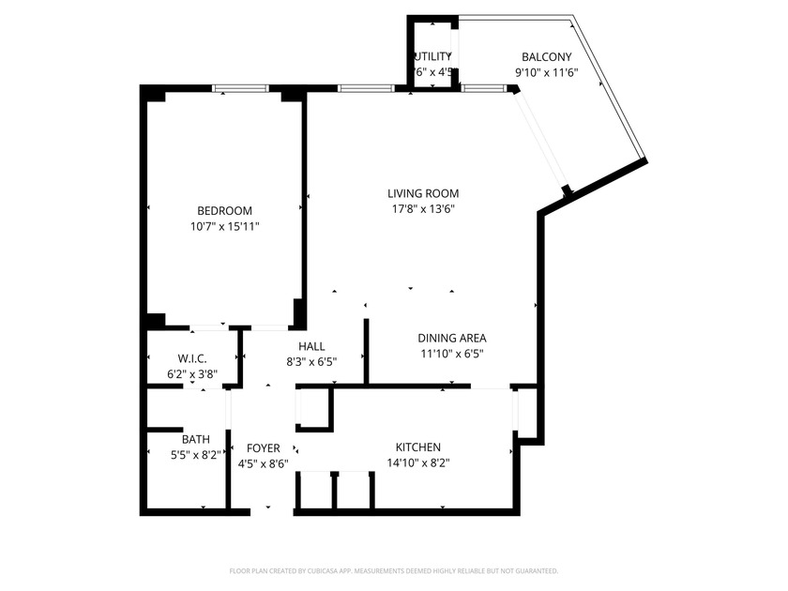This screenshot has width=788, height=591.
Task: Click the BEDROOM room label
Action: pyautogui.click(x=224, y=211)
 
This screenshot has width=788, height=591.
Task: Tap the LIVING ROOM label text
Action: pyautogui.click(x=423, y=194)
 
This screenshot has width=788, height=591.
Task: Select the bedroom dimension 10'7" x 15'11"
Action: pyautogui.click(x=224, y=226)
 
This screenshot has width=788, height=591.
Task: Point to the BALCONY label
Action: pyautogui.click(x=546, y=57)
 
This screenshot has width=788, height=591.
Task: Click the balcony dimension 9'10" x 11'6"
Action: pyautogui.click(x=546, y=72)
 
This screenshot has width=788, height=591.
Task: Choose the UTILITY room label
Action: pyautogui.click(x=432, y=57)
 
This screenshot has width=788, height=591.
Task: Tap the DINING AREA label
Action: pyautogui.click(x=451, y=339)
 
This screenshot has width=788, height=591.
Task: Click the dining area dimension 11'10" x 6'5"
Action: pyautogui.click(x=451, y=354)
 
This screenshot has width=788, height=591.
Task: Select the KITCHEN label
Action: pyautogui.click(x=418, y=447)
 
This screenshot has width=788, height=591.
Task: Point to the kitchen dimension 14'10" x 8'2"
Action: pyautogui.click(x=418, y=462)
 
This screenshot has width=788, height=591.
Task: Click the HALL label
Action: pyautogui.click(x=311, y=346)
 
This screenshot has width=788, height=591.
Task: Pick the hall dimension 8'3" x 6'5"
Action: pyautogui.click(x=311, y=361)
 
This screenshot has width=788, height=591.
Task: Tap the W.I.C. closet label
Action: pyautogui.click(x=192, y=358)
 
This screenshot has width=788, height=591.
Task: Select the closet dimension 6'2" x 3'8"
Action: pyautogui.click(x=192, y=373)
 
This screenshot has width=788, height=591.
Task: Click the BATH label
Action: pyautogui.click(x=195, y=439)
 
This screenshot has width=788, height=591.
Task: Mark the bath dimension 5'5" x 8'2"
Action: pyautogui.click(x=195, y=454)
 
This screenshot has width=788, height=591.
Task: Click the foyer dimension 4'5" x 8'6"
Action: pyautogui.click(x=263, y=463)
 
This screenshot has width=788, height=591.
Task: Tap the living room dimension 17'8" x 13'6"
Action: pyautogui.click(x=423, y=209)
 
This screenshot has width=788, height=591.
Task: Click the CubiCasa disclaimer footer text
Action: pyautogui.click(x=394, y=570)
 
